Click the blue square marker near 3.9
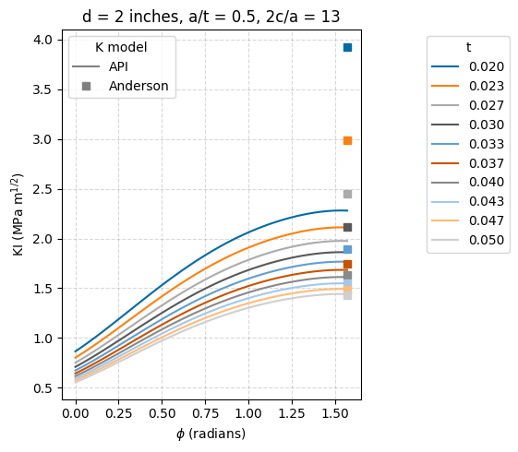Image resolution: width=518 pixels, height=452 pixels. [x=347, y=47]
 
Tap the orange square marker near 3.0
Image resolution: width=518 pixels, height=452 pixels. [x=347, y=140]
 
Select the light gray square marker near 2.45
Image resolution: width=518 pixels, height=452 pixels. [x=347, y=194]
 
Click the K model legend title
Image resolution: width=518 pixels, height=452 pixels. [x=121, y=47]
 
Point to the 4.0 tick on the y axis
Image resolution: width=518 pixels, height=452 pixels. [x=42, y=40]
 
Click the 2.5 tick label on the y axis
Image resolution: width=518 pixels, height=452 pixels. [x=42, y=189]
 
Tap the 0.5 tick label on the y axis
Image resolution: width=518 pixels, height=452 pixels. [x=42, y=388]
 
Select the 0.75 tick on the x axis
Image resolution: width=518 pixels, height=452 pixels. [x=204, y=414]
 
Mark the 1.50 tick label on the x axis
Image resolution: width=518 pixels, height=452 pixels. [x=333, y=414]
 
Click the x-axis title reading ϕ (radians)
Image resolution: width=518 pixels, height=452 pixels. [x=211, y=434]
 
